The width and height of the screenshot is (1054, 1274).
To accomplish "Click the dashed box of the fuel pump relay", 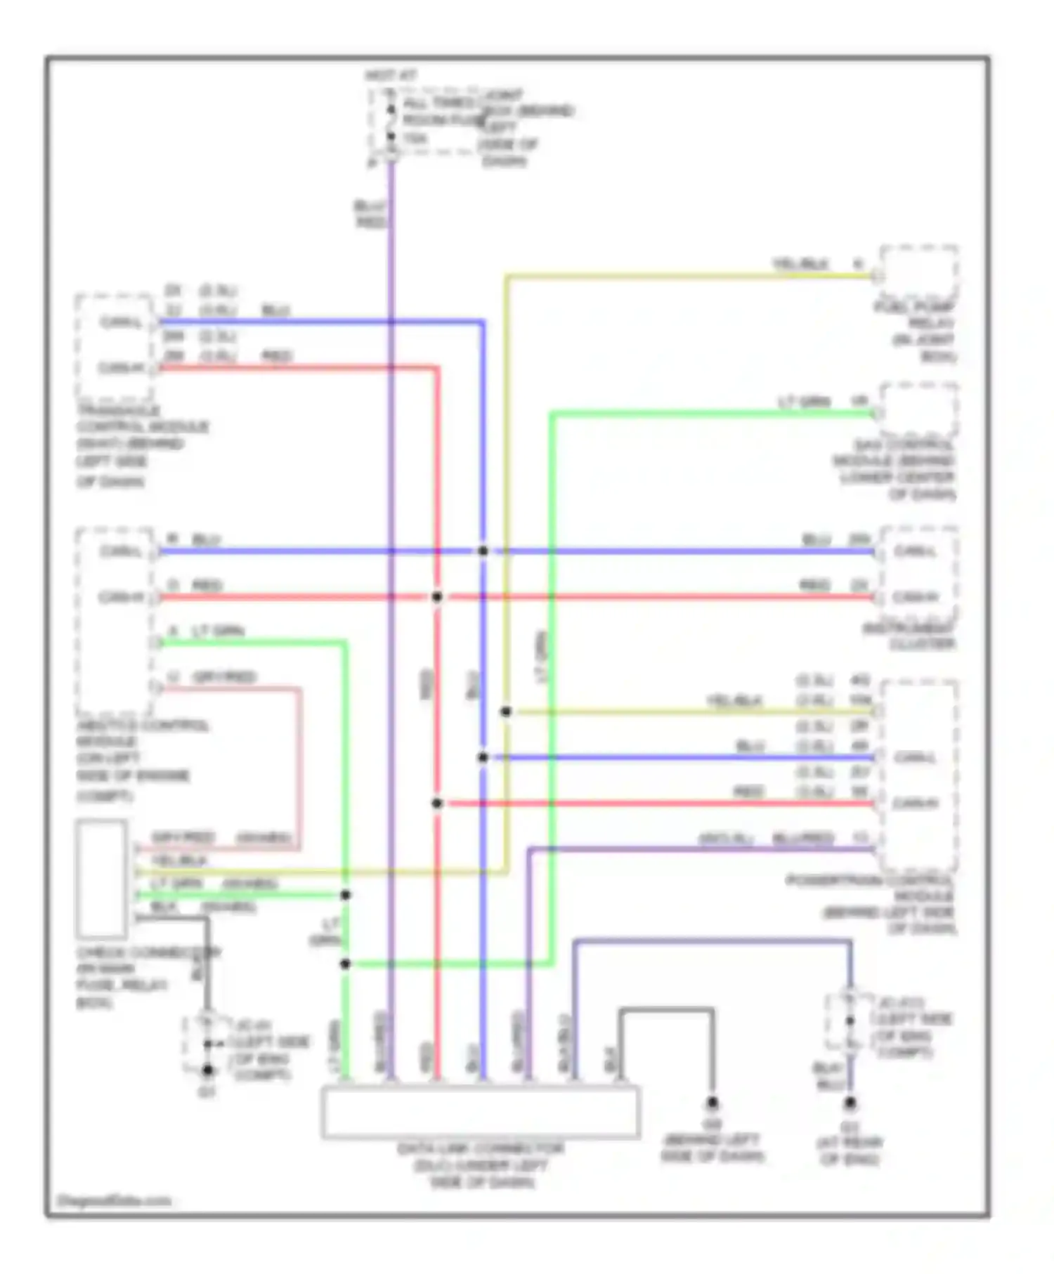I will click(918, 273).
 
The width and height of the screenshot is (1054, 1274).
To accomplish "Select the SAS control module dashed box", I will click(918, 411).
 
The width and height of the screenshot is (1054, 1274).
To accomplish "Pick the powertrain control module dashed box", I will click(918, 775).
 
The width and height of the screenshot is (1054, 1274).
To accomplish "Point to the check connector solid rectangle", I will click(102, 879).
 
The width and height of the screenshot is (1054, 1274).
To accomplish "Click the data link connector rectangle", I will click(481, 1112).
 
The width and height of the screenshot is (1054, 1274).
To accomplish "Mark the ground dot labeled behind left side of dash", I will click(712, 1103).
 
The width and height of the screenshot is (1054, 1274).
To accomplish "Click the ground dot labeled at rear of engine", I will click(850, 1104).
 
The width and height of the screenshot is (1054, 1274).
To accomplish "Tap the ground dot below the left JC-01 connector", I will click(208, 1071).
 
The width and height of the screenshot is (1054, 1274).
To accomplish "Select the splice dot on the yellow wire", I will click(506, 711).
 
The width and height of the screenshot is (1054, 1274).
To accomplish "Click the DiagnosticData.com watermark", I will click(113, 1200).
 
